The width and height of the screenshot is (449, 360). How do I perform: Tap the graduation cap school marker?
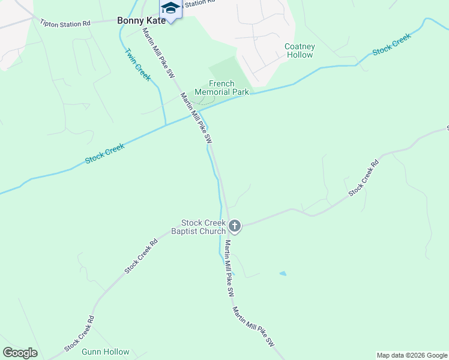[170, 8]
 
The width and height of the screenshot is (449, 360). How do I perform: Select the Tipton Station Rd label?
[65, 23]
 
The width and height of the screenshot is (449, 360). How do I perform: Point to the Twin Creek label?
[137, 64]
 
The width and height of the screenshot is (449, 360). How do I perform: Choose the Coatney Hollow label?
[299, 50]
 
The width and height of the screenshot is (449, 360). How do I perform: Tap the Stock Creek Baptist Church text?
[198, 227]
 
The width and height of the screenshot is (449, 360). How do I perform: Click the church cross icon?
[235, 226]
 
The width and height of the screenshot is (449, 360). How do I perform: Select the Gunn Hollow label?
[106, 352]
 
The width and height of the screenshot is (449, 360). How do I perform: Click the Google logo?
[20, 353]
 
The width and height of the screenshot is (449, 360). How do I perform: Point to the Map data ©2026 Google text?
[412, 355]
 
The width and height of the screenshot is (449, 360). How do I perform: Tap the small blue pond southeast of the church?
[283, 274]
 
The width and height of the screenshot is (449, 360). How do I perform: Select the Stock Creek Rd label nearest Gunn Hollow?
[80, 334]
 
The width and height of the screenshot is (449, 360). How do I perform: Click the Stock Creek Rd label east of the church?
[364, 177]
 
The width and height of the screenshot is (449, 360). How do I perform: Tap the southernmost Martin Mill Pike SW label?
[253, 327]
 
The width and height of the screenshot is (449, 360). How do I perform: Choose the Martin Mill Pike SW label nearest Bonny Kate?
[158, 53]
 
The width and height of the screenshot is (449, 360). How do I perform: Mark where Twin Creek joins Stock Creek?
[165, 125]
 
